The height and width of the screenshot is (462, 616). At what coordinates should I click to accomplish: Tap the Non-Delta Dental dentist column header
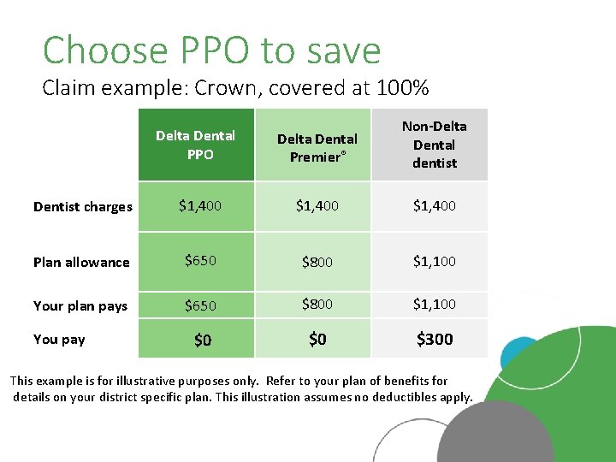click(x=434, y=145)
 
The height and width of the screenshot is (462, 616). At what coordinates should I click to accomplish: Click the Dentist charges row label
click(x=83, y=206)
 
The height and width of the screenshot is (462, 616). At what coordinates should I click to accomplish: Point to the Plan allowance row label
click(x=81, y=263)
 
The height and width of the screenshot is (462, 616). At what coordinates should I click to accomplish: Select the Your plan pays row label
click(x=80, y=305)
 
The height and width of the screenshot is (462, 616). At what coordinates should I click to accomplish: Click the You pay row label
click(x=59, y=340)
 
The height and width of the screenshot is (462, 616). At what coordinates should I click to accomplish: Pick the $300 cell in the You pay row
click(x=434, y=340)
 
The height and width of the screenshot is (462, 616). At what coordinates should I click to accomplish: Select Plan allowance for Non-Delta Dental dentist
click(x=434, y=261)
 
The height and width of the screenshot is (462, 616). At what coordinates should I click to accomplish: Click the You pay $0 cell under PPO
click(x=203, y=341)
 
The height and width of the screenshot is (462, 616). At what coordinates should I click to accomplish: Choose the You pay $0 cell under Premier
click(x=317, y=340)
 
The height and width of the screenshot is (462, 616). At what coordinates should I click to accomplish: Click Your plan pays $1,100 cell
click(x=434, y=304)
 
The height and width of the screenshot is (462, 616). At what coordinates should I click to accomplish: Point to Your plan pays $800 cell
click(x=317, y=304)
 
